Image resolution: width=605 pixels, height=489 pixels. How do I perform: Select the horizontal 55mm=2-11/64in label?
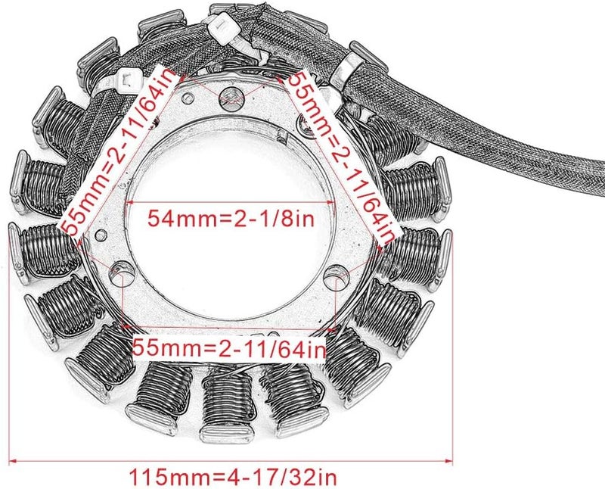click(229, 348)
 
